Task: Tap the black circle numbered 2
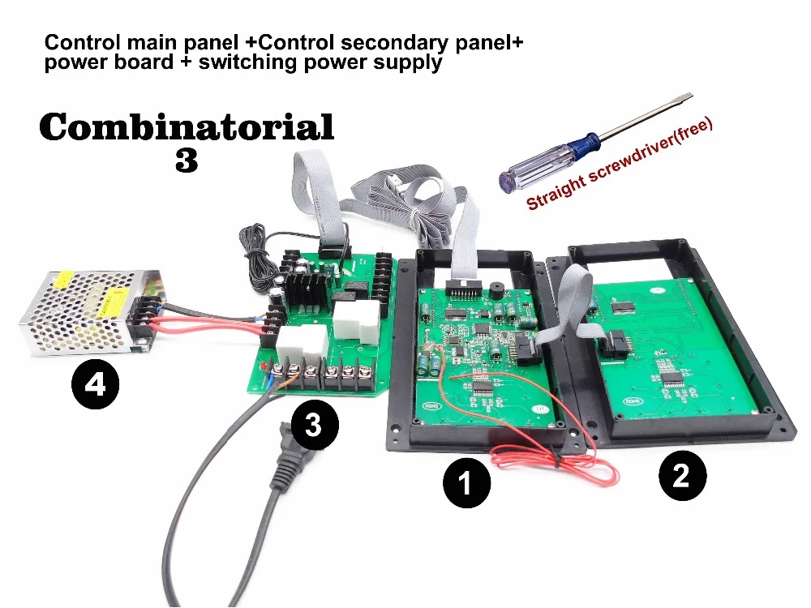click(x=681, y=474)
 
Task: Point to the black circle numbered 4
click(x=96, y=383)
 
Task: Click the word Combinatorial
click(x=187, y=126)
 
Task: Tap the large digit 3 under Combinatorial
click(x=187, y=161)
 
